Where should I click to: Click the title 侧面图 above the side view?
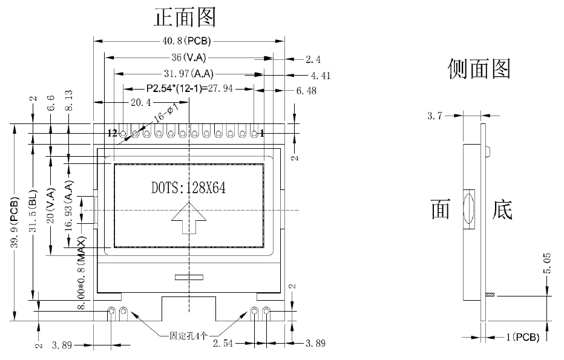(479, 68)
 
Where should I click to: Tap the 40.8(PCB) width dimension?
(186, 41)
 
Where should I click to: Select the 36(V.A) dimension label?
(188, 59)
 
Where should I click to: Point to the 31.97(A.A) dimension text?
(188, 74)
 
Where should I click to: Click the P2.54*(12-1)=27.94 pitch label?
(190, 88)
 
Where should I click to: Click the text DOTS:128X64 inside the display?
(188, 188)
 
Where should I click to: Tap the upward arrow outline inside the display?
(188, 218)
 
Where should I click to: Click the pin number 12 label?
(113, 133)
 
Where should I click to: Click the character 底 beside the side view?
(503, 210)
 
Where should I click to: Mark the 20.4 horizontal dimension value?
(140, 103)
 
